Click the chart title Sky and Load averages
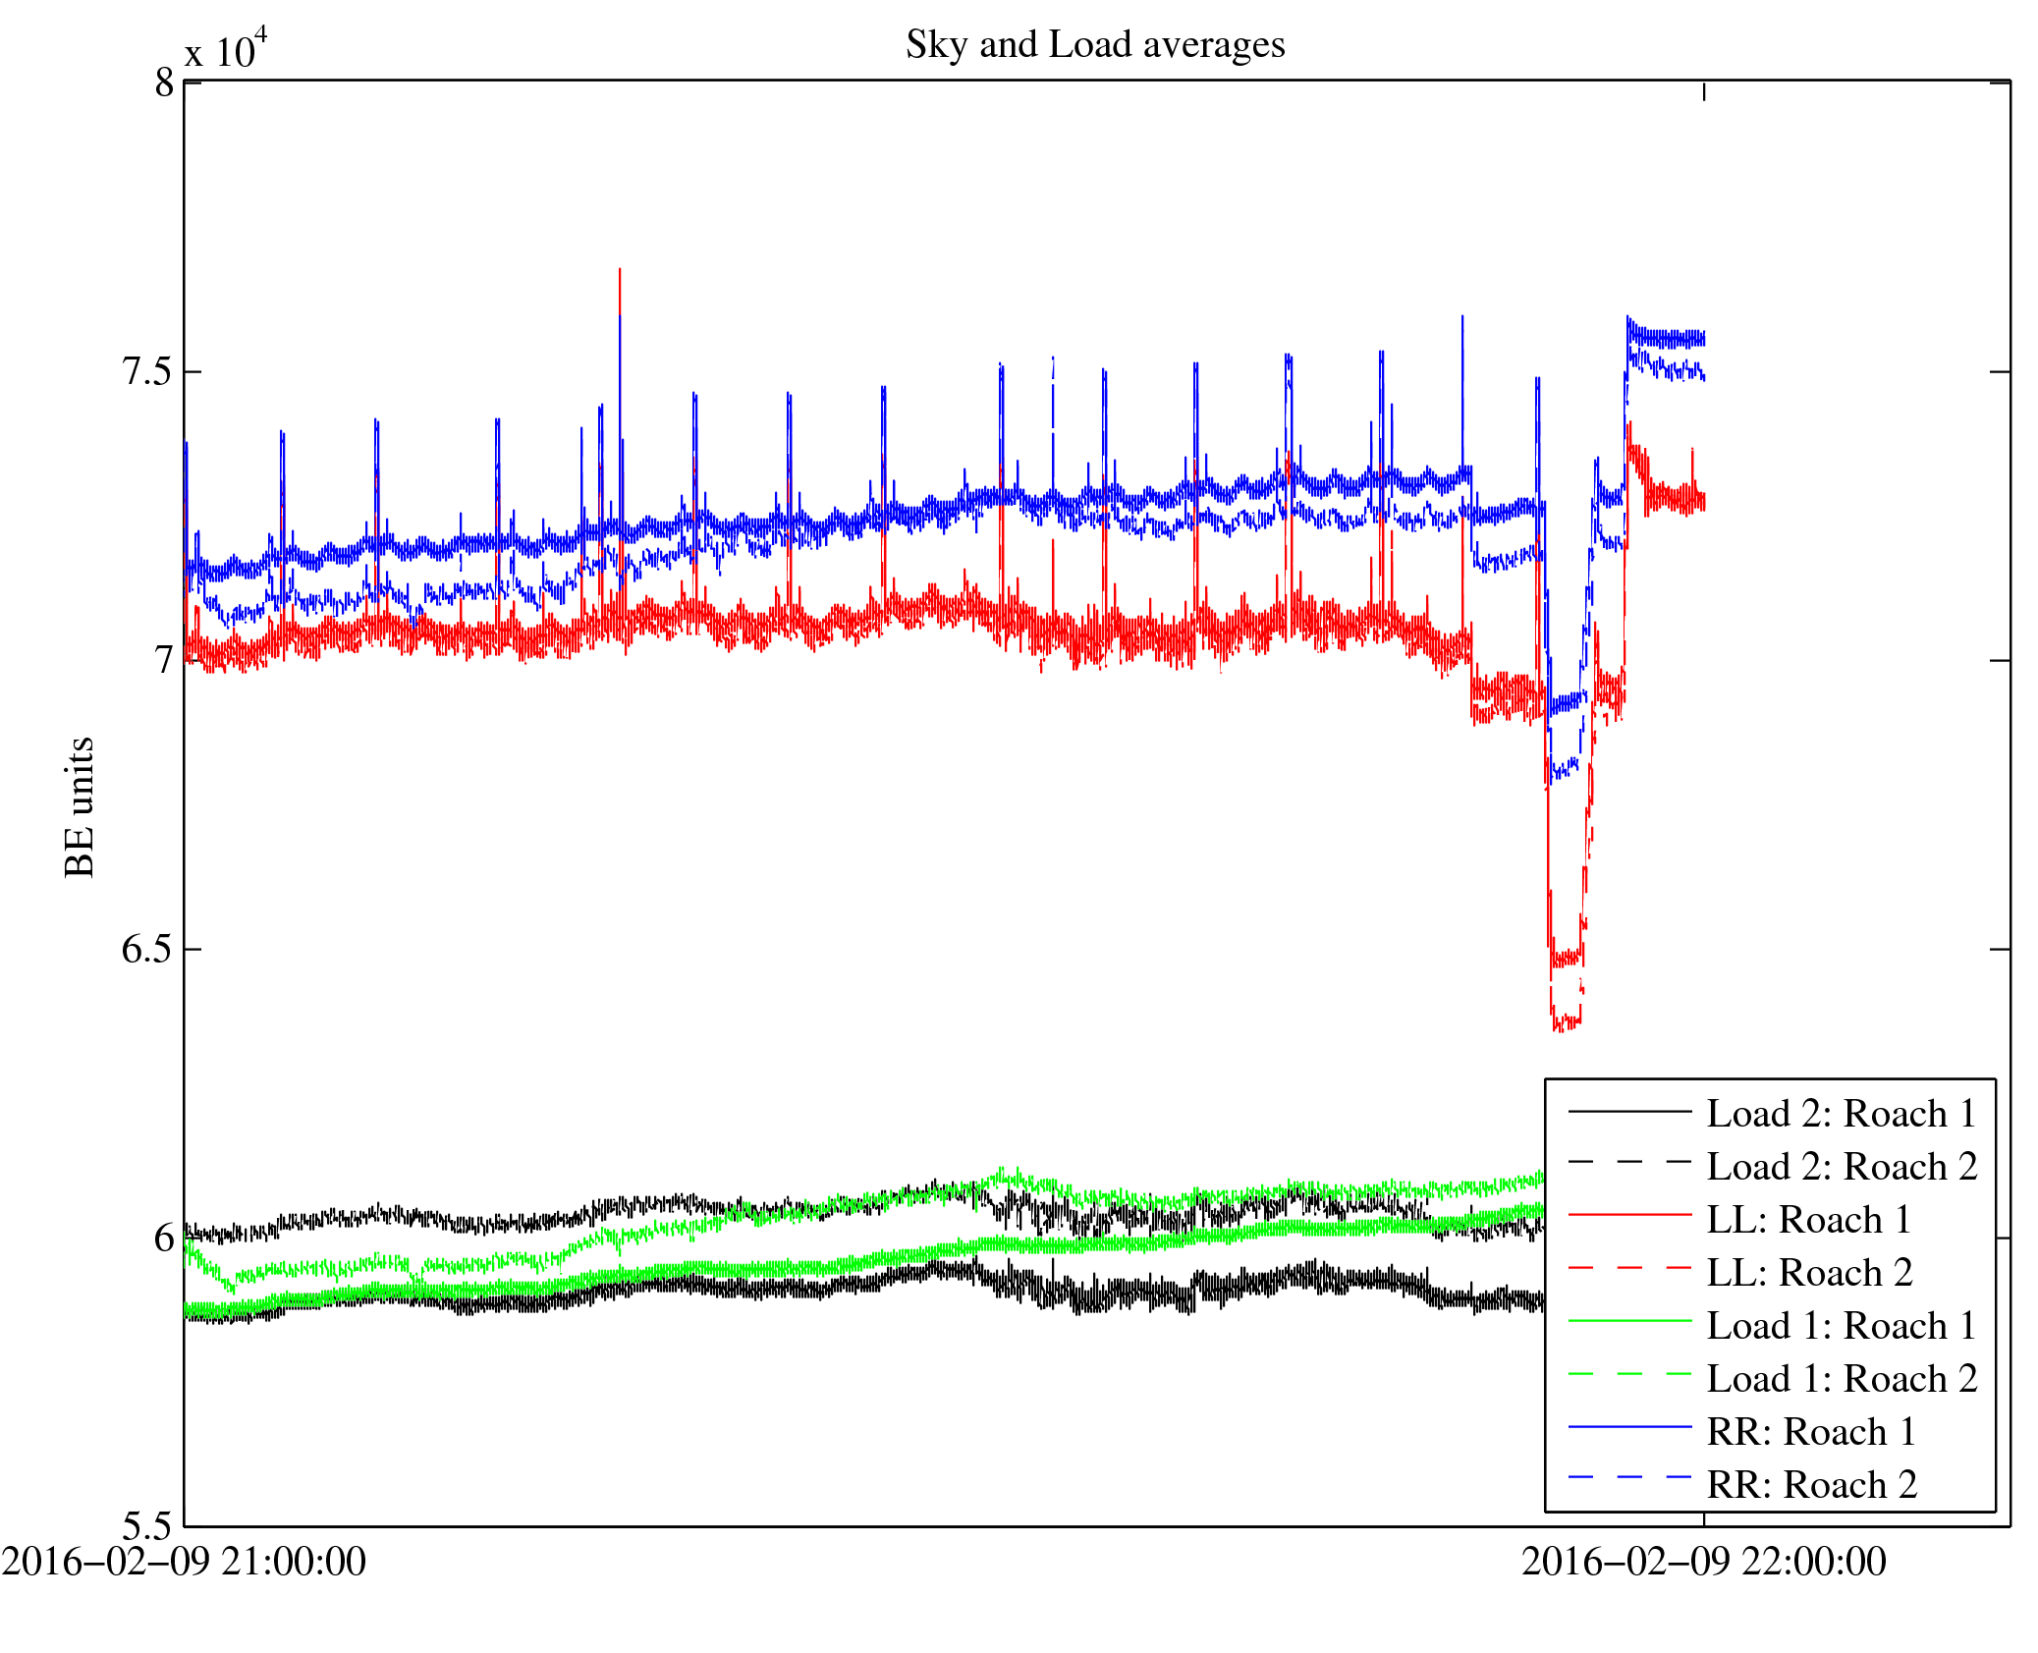pyautogui.click(x=1094, y=45)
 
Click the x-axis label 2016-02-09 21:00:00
pyautogui.click(x=184, y=1562)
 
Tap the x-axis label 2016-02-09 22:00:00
pyautogui.click(x=1703, y=1562)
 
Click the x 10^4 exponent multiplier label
pyautogui.click(x=226, y=49)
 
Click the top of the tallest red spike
pyautogui.click(x=619, y=269)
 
